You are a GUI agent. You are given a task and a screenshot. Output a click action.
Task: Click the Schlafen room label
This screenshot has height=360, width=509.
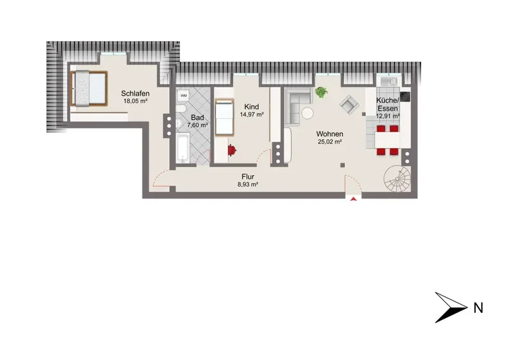(136, 93)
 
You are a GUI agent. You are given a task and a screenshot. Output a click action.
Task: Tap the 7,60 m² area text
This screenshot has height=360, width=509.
(197, 125)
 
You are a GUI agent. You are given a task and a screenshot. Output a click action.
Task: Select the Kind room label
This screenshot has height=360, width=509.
(251, 107)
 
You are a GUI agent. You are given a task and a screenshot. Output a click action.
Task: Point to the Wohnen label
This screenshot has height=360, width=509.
(330, 134)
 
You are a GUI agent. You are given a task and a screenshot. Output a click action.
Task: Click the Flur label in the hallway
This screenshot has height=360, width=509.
(248, 177)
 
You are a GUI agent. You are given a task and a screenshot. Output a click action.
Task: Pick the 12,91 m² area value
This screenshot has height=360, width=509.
(387, 116)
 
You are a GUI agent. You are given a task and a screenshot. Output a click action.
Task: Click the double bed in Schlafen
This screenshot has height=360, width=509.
(89, 88)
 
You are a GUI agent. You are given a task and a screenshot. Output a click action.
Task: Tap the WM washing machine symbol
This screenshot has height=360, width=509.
(184, 95)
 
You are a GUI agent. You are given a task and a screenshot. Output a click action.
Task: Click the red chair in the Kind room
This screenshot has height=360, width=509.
(232, 150)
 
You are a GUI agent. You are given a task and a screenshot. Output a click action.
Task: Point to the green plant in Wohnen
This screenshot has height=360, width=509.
(321, 92)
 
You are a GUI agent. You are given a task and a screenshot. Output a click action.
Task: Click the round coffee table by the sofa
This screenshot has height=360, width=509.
(307, 113)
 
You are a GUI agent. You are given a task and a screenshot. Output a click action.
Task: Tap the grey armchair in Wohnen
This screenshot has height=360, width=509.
(349, 104)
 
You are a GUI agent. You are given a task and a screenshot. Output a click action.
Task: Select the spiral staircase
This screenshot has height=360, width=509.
(397, 179)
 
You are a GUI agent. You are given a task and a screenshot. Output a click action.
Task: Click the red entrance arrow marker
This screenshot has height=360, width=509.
(354, 199)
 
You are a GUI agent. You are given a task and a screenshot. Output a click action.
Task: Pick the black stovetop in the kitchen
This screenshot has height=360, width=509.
(405, 97)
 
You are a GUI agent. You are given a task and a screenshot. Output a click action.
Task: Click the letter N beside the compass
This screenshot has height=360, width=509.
(478, 308)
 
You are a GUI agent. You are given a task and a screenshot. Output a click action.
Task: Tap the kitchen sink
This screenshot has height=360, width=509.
(389, 81)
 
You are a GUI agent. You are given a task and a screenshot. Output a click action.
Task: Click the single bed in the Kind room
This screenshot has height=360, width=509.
(225, 117)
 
